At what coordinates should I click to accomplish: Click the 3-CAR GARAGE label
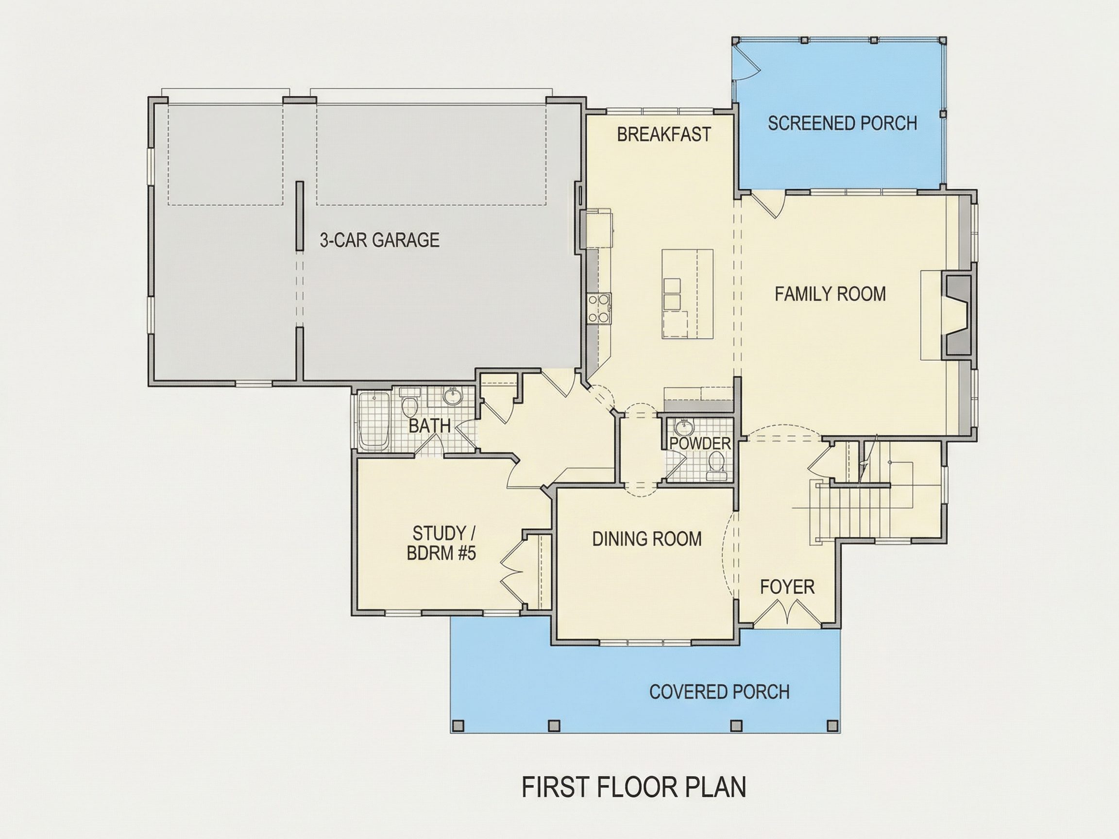[x=379, y=240]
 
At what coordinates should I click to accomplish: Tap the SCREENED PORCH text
[x=842, y=123]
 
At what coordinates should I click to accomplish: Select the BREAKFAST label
[x=664, y=134]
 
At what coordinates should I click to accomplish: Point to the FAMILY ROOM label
[x=830, y=294]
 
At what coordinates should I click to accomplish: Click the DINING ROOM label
[x=647, y=539]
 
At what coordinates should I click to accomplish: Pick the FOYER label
[x=787, y=587]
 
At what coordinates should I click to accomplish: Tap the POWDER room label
[x=700, y=443]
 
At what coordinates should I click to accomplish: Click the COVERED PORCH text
[x=719, y=692]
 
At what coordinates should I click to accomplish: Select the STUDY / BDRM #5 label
[x=441, y=543]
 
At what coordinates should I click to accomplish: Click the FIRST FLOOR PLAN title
[x=634, y=788]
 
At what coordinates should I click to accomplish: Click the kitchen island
[x=688, y=294]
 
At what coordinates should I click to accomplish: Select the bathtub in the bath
[x=374, y=421]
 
